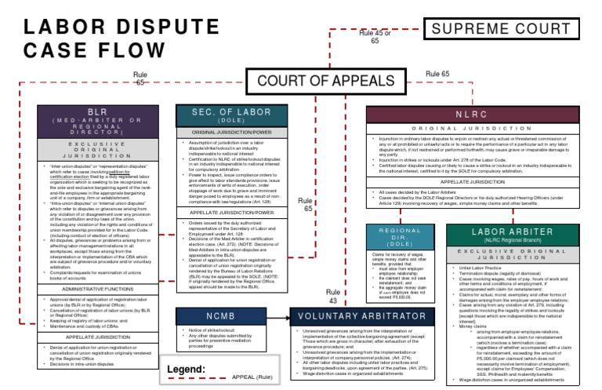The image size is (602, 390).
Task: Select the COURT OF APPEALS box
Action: pyautogui.click(x=325, y=80)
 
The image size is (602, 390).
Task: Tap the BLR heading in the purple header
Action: pyautogui.click(x=97, y=112)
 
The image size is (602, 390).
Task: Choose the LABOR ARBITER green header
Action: pyautogui.click(x=518, y=232)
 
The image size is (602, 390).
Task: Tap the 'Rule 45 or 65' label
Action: pyautogui.click(x=375, y=38)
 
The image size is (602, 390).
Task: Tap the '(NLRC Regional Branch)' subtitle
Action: pyautogui.click(x=518, y=241)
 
